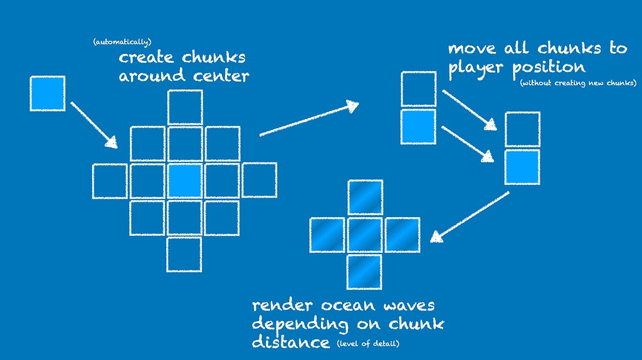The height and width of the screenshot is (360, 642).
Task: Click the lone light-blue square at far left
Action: (x=48, y=93)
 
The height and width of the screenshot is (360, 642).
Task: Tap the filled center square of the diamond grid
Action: (x=185, y=181)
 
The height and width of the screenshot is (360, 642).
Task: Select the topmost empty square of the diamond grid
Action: (x=185, y=107)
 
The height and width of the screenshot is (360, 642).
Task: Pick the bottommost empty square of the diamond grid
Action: (x=184, y=254)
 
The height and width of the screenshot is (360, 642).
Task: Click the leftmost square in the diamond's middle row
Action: (x=110, y=181)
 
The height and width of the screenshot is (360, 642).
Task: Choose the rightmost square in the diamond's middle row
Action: (x=259, y=181)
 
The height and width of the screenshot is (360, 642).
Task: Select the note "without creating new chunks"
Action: (x=578, y=83)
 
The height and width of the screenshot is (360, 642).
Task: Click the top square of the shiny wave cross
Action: (x=365, y=198)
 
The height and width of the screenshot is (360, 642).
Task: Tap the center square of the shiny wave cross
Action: (x=365, y=235)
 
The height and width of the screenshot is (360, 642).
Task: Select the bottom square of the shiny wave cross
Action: (x=365, y=271)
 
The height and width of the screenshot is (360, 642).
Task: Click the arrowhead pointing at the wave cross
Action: (x=436, y=236)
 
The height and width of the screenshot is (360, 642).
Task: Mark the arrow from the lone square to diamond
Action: (x=94, y=124)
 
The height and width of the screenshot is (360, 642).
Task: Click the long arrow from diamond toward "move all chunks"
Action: (x=307, y=119)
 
